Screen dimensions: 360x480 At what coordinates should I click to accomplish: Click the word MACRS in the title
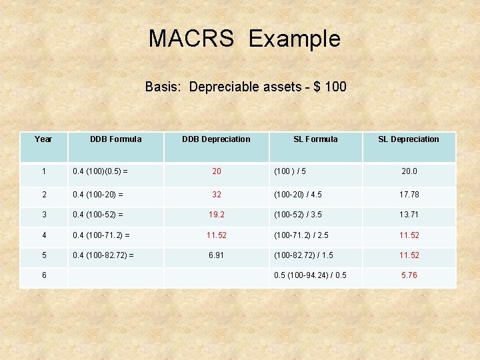point(191,39)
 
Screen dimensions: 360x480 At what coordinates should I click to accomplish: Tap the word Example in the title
point(294,39)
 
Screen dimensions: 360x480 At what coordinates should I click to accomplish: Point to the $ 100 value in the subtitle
point(331,87)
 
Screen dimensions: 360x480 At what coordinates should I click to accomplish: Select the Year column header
point(43,139)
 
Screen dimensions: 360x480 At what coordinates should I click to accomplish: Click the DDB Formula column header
point(116,139)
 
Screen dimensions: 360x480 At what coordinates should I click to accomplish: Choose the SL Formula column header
point(315,139)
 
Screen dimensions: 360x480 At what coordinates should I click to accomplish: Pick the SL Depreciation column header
point(409,139)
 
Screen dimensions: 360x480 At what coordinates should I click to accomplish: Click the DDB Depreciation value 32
point(217,195)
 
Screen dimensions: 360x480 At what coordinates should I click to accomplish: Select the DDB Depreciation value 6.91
point(217,256)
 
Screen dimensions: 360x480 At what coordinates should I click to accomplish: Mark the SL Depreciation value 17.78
point(409,195)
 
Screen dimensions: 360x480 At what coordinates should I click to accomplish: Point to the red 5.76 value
point(409,275)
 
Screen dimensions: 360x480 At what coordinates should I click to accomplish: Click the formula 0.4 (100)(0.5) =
point(101,171)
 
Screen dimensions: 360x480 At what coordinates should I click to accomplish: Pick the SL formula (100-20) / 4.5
point(299,195)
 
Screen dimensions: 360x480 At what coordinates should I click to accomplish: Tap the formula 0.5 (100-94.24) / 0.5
point(311,275)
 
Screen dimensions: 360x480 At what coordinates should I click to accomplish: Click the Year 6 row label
point(43,275)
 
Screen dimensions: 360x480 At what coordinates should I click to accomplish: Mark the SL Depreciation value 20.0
point(409,171)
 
